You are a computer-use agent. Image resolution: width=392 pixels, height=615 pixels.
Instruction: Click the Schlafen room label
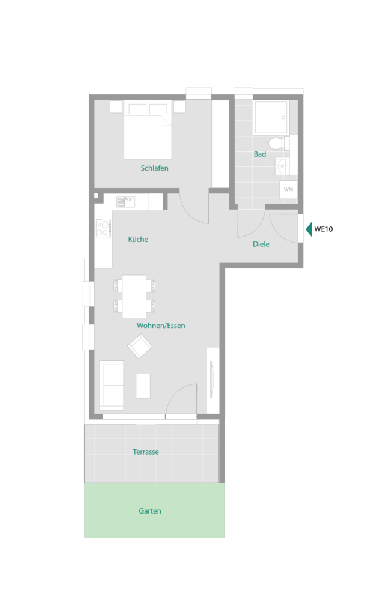click(154, 168)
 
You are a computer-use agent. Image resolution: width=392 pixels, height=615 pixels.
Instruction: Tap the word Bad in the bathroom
click(259, 154)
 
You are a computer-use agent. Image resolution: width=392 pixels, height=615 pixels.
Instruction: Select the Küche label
click(138, 239)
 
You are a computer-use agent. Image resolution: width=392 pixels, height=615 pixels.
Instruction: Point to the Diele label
click(261, 244)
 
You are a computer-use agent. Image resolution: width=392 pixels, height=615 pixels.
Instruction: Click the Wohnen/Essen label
click(161, 325)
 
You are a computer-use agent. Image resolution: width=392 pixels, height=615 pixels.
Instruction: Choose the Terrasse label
click(146, 452)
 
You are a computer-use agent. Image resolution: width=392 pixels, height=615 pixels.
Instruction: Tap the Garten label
click(149, 510)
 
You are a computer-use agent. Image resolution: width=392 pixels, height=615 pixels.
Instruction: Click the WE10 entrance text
click(324, 229)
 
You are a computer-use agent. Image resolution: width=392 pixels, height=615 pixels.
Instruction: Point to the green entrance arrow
click(309, 229)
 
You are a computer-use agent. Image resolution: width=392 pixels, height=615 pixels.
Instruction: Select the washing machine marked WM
click(288, 189)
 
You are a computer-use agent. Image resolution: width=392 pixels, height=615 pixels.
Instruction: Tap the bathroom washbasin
click(282, 166)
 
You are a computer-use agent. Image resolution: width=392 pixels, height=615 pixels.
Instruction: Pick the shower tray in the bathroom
click(271, 117)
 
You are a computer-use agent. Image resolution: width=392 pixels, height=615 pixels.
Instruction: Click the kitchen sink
click(126, 202)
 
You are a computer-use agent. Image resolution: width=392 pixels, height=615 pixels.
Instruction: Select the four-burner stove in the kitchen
click(104, 228)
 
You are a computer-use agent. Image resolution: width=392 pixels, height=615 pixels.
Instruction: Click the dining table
click(134, 296)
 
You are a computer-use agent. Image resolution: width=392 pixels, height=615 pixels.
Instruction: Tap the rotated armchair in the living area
click(140, 346)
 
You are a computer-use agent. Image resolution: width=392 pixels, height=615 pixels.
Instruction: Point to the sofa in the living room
click(112, 385)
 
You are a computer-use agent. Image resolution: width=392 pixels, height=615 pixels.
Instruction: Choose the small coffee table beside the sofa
click(143, 386)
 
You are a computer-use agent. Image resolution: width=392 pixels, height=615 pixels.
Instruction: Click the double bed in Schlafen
click(148, 130)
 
